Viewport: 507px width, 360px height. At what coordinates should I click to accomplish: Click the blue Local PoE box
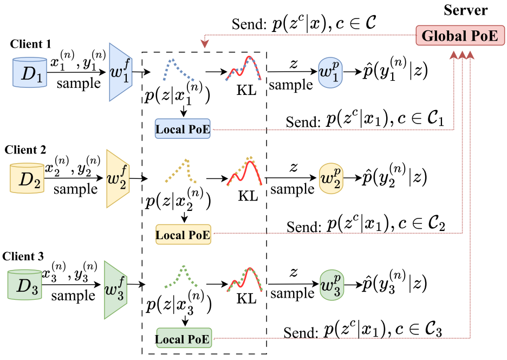[183, 130]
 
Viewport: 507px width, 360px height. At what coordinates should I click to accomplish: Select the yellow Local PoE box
[183, 235]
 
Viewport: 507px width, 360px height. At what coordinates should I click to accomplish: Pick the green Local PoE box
[184, 339]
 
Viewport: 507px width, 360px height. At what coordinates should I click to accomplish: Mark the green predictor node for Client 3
[331, 284]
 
